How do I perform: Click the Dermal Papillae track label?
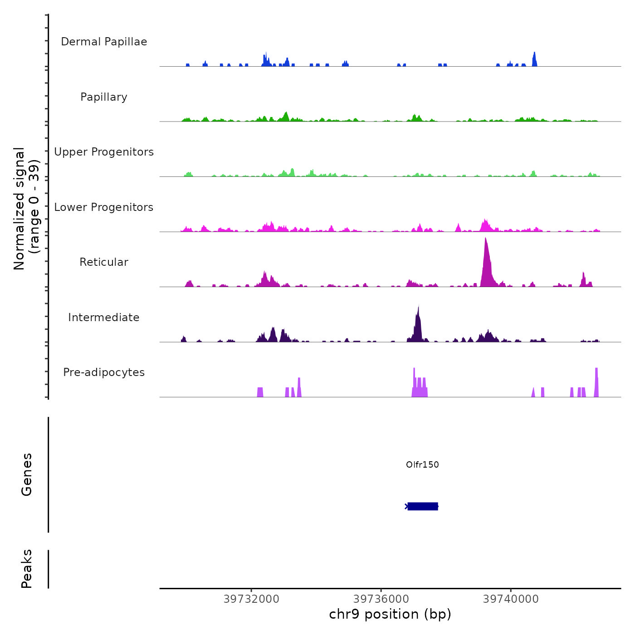click(104, 42)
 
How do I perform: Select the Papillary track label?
click(104, 97)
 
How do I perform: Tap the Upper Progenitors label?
click(104, 152)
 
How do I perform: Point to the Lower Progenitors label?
click(104, 207)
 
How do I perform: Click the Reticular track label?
click(104, 262)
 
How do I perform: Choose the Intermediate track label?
click(104, 317)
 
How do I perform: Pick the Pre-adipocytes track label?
click(104, 372)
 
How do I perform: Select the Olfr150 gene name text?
click(422, 464)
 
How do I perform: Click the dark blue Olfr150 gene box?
click(423, 506)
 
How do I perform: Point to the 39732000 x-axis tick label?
click(251, 599)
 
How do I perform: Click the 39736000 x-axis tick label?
click(381, 599)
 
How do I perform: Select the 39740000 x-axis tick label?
click(511, 599)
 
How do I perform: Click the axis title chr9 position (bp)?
click(390, 614)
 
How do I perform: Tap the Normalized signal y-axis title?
click(26, 209)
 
